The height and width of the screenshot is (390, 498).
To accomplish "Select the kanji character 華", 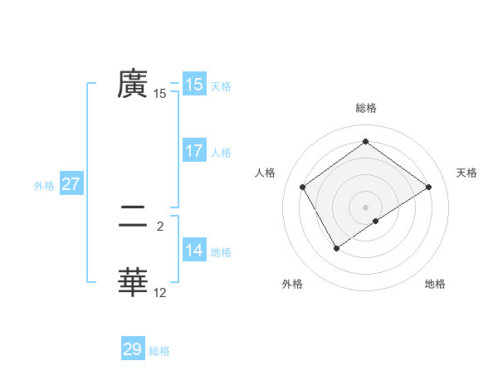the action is [133, 282].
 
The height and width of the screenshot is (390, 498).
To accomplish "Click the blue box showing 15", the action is [193, 85].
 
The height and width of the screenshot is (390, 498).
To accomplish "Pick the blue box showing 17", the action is [193, 151].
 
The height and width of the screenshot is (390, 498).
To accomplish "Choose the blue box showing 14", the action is [193, 251].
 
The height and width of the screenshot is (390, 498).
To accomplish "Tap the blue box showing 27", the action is [71, 184].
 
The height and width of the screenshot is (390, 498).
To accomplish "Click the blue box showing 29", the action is [132, 349].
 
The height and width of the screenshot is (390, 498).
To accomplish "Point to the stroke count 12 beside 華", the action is [160, 293].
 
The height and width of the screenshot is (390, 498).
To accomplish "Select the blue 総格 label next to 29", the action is [159, 351].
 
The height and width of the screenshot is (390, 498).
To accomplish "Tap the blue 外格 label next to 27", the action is [44, 186].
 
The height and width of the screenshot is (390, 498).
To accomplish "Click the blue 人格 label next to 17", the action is [221, 153].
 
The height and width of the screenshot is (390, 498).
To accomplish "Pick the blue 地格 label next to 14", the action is [221, 252].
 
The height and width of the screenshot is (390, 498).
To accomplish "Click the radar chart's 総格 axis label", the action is [365, 108].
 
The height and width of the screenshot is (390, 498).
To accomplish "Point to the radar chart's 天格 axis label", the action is [466, 173].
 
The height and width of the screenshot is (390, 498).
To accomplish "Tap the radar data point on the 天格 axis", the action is [428, 187].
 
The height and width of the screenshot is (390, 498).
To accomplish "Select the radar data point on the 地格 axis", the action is [376, 221].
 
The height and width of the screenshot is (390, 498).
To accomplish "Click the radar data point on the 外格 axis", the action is [336, 247].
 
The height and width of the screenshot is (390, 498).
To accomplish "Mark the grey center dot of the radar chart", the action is [365, 207].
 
